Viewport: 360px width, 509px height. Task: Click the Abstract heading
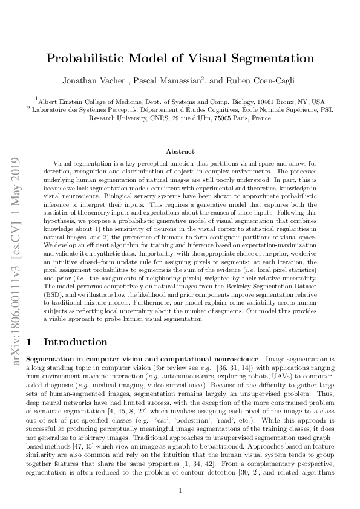[180, 151]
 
